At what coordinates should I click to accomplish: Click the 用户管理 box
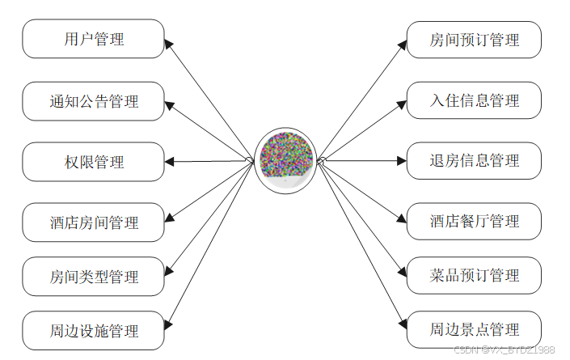tap(93, 39)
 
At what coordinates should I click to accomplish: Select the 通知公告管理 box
tap(93, 101)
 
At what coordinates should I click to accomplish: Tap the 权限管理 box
tap(93, 162)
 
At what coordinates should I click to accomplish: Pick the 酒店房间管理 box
tap(93, 222)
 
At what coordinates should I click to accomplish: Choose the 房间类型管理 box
tap(93, 277)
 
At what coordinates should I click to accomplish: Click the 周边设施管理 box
tap(93, 331)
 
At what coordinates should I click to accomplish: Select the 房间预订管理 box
tap(474, 40)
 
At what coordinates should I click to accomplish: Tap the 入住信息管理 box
tap(474, 101)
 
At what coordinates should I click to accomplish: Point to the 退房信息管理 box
tap(474, 161)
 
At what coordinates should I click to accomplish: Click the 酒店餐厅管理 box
tap(474, 222)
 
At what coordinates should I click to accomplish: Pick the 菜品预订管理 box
tap(474, 276)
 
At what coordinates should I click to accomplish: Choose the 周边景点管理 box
tap(474, 330)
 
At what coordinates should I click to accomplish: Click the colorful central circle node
tap(285, 159)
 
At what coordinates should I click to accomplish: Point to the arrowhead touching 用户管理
tap(169, 44)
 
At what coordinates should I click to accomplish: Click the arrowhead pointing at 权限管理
tap(169, 162)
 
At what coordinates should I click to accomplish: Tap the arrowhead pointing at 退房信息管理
tap(401, 161)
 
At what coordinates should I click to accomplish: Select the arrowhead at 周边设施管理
tap(169, 327)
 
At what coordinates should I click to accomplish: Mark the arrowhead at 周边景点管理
tap(401, 326)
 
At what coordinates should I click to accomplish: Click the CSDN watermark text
tap(504, 349)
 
